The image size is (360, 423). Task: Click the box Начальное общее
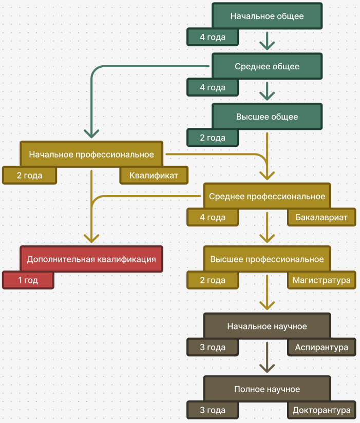(267, 16)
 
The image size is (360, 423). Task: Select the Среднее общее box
(267, 66)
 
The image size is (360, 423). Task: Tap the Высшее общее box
(267, 117)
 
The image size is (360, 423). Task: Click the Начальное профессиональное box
(91, 154)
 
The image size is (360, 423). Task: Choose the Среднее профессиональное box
(267, 196)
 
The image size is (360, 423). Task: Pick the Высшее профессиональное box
(267, 259)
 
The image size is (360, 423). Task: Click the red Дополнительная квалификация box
(91, 259)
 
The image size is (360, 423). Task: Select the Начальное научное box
(267, 326)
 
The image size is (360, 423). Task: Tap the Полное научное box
(267, 389)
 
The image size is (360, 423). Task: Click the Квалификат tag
(154, 176)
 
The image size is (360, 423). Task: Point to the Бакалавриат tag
(321, 218)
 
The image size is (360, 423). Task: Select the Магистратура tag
(321, 281)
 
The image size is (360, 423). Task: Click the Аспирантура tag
(321, 348)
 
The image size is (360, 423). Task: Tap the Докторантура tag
(321, 411)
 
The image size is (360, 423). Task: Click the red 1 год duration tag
(28, 281)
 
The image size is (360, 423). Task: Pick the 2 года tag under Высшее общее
(213, 138)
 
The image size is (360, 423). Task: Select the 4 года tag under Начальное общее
(213, 37)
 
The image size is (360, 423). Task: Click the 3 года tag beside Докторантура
(213, 411)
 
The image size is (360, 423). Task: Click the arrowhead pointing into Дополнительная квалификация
(91, 237)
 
